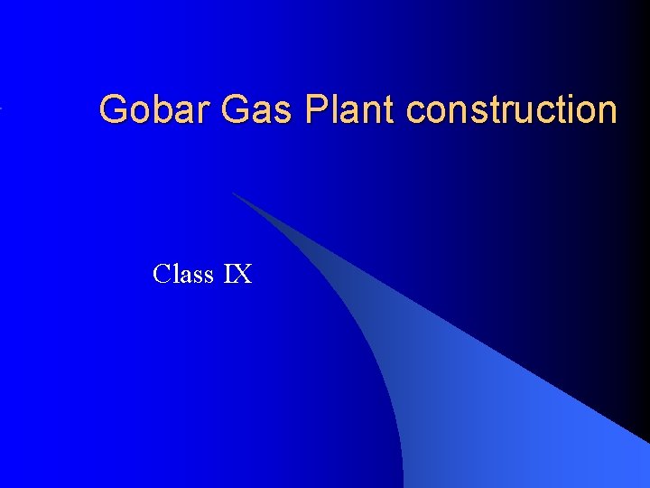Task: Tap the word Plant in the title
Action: tap(351, 109)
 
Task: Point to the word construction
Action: tap(512, 109)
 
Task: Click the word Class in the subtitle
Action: tap(183, 273)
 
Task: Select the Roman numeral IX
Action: tap(237, 273)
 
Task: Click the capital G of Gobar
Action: tap(114, 109)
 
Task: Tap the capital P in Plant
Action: tap(317, 109)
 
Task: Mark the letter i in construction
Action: tap(575, 109)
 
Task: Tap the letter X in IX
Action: tap(242, 273)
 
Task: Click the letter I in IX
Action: tap(228, 273)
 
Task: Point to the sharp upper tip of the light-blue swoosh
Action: tap(233, 192)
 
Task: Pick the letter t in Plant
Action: tap(388, 109)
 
